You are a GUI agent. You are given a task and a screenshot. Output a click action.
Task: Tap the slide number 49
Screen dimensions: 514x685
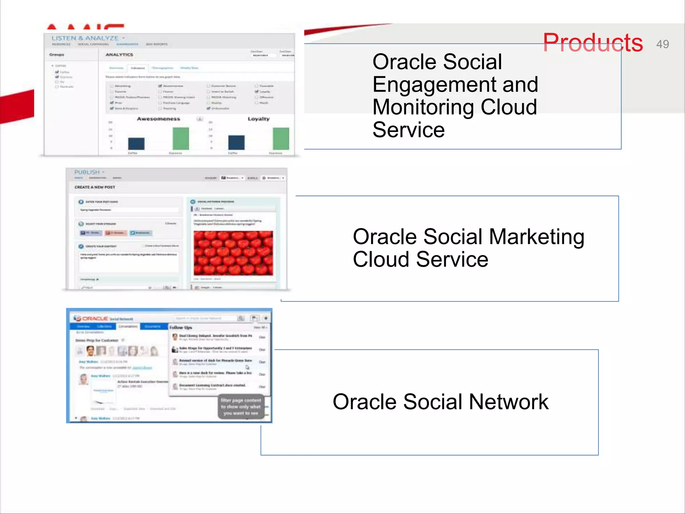(x=662, y=44)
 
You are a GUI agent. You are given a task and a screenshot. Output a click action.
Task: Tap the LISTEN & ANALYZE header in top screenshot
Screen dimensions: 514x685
(x=85, y=38)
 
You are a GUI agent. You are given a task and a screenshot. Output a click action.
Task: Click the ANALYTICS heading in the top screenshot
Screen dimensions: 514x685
(x=119, y=55)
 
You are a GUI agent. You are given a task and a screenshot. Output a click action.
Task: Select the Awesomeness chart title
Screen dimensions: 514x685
(x=158, y=119)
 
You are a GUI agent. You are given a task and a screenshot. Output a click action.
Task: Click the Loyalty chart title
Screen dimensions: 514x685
(x=258, y=119)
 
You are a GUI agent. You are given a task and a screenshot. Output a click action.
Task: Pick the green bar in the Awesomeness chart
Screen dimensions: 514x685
(x=181, y=139)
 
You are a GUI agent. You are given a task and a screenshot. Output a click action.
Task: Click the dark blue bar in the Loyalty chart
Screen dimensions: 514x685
(x=236, y=143)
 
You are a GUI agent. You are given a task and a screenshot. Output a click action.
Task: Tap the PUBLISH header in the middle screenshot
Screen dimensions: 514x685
(x=87, y=172)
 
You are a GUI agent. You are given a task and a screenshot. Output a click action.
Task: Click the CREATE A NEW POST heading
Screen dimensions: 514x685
(x=95, y=187)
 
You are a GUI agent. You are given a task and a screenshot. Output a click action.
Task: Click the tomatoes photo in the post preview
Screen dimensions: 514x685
(x=233, y=253)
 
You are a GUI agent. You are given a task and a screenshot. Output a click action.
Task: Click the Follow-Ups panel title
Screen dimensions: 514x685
(x=181, y=327)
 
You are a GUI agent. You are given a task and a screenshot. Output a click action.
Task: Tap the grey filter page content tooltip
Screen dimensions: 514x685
(x=240, y=407)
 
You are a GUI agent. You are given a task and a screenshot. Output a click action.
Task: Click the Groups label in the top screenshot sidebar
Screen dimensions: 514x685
(x=57, y=55)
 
